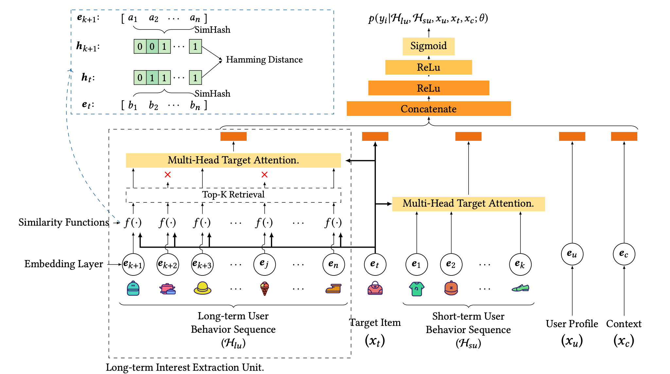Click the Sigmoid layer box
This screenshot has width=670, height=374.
click(x=428, y=46)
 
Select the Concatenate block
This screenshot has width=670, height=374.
click(x=429, y=109)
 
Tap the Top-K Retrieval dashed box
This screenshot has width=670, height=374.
click(x=233, y=195)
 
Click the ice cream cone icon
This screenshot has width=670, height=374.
click(x=264, y=289)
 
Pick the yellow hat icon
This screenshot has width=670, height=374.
click(x=202, y=288)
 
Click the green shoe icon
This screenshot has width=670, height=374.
click(x=520, y=288)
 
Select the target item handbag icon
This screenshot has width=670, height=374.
click(x=375, y=288)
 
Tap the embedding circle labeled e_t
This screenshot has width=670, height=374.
click(x=375, y=264)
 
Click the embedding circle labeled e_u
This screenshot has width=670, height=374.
click(x=572, y=254)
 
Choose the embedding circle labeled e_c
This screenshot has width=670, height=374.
click(x=624, y=254)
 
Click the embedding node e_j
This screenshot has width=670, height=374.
click(x=264, y=264)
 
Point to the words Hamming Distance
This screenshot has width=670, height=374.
click(x=264, y=60)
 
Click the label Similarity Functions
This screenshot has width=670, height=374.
click(x=63, y=222)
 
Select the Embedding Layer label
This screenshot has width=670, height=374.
click(x=63, y=264)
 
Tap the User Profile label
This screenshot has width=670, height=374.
click(x=572, y=324)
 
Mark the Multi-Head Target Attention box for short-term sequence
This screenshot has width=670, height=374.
click(x=468, y=204)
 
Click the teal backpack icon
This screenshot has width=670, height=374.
click(x=133, y=288)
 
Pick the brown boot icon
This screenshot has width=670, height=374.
click(x=333, y=289)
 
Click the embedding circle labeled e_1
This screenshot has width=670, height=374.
click(x=416, y=264)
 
